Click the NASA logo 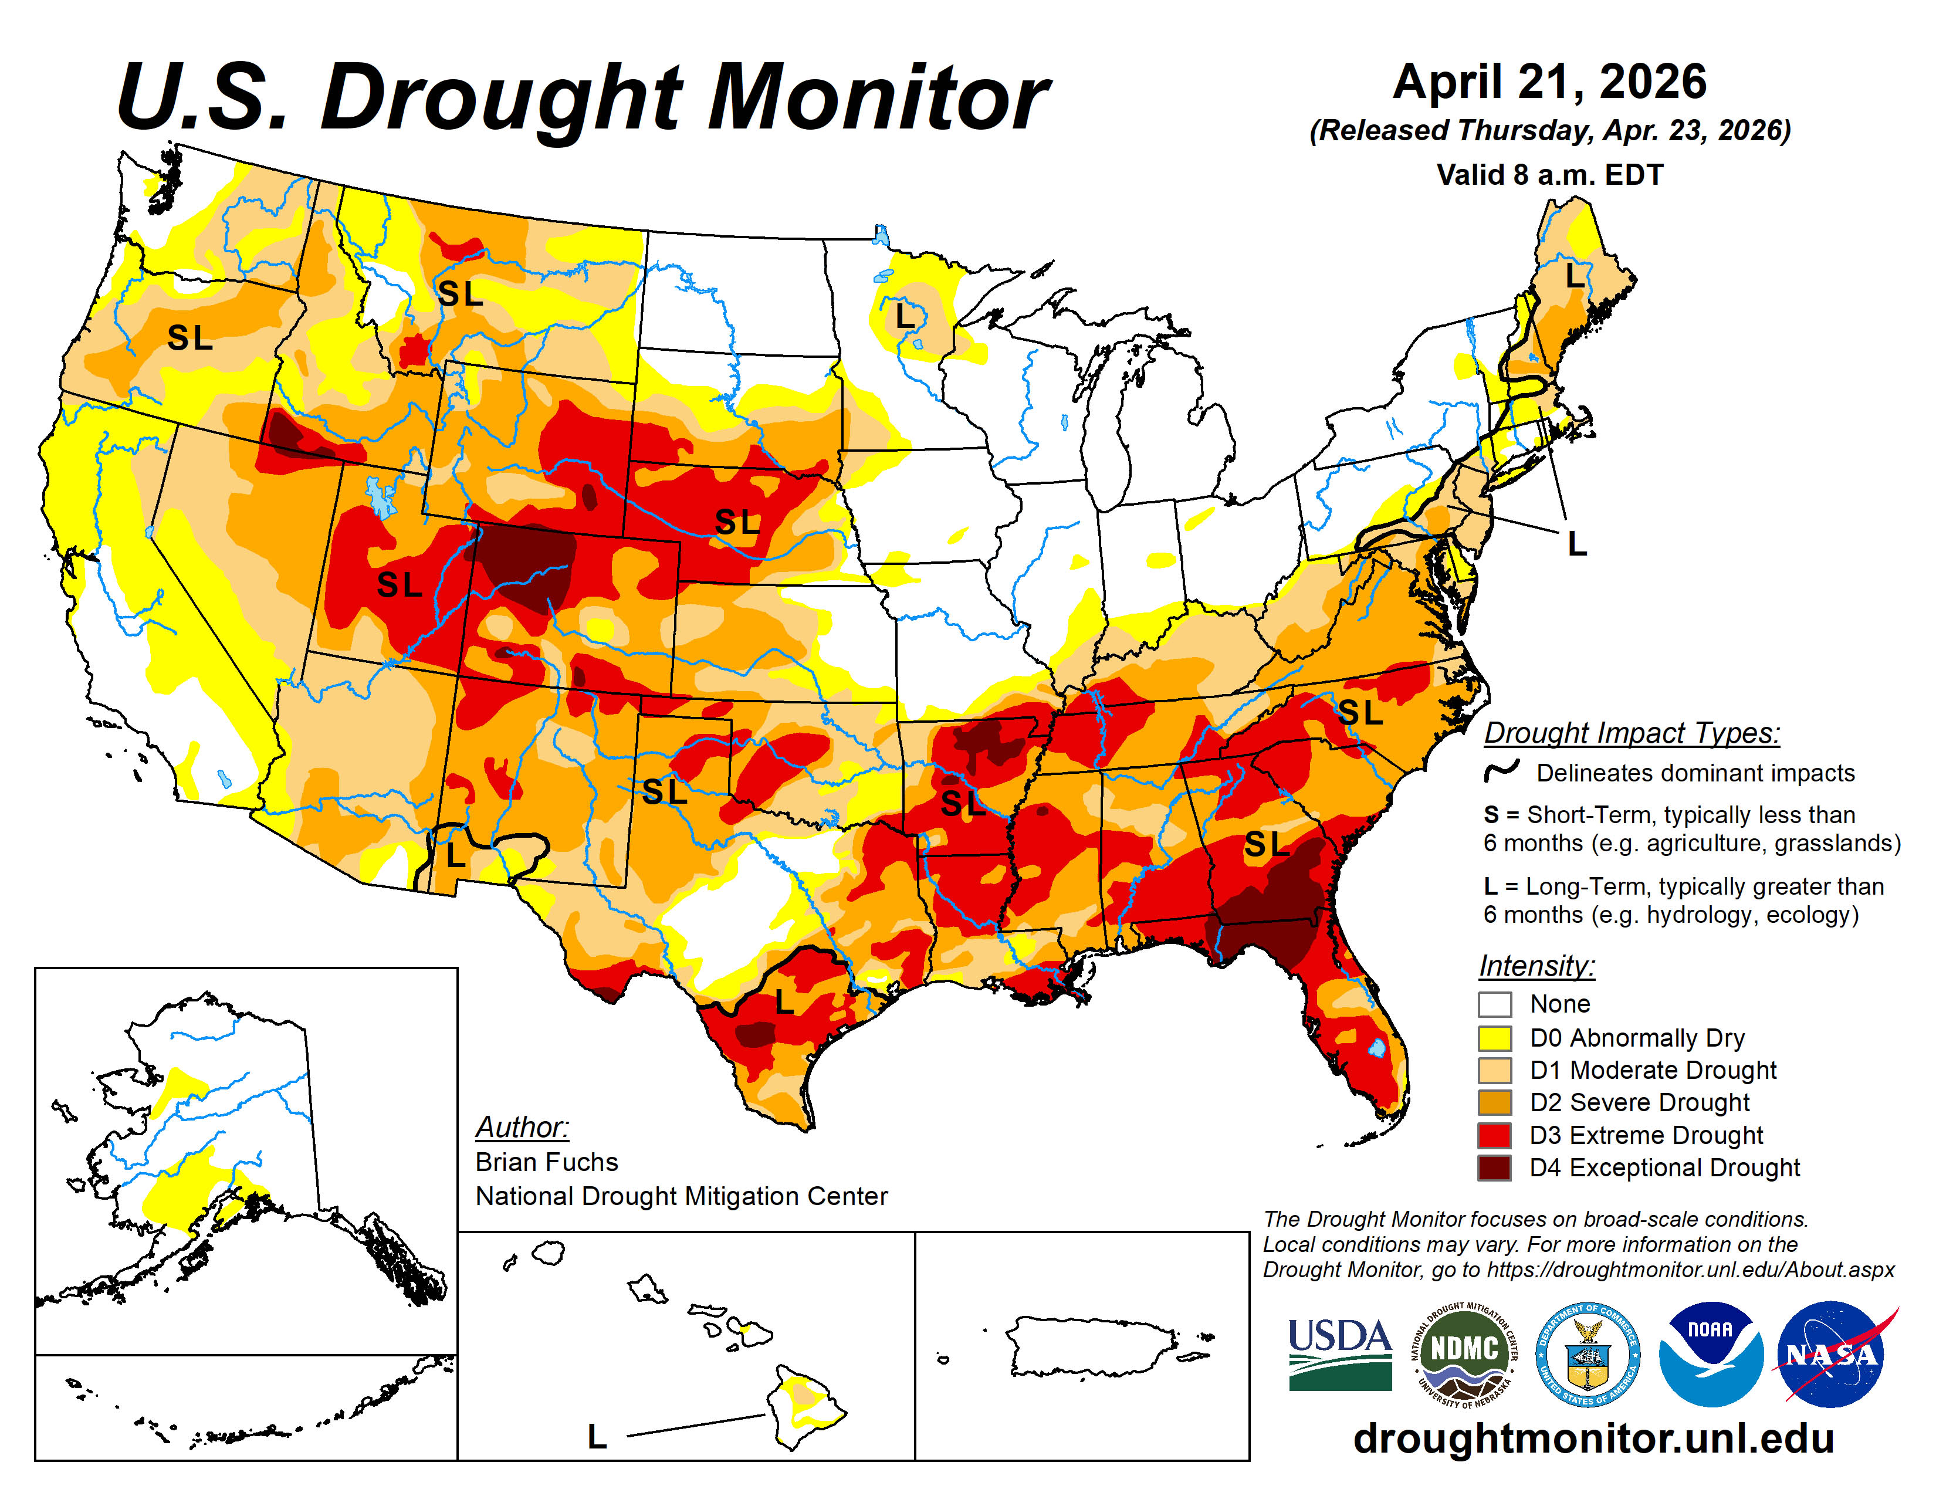point(1832,1353)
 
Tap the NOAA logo point(1710,1353)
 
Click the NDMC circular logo point(1464,1353)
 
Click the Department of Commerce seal point(1587,1353)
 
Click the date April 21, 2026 point(1549,82)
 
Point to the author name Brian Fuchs point(546,1162)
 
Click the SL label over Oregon point(189,338)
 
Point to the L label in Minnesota point(904,316)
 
